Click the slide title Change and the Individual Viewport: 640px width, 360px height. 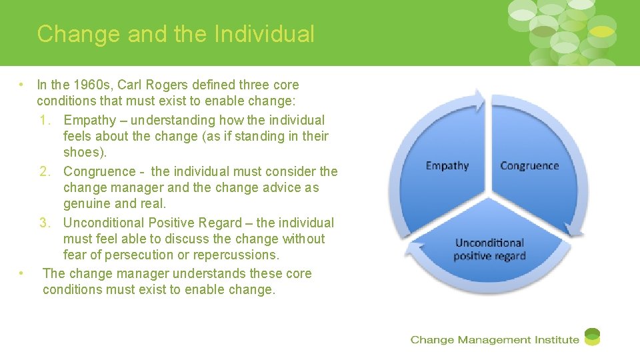175,34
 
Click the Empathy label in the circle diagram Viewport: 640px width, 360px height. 447,165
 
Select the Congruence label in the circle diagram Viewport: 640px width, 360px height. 529,165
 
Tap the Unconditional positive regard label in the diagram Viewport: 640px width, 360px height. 489,249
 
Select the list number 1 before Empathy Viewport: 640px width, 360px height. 45,121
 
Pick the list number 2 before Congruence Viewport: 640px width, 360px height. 45,172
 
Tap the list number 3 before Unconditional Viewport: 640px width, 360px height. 45,223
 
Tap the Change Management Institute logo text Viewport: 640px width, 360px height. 495,340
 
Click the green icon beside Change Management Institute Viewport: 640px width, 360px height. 592,337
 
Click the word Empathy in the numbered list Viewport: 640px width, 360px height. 90,121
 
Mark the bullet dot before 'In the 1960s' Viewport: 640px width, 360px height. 22,85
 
